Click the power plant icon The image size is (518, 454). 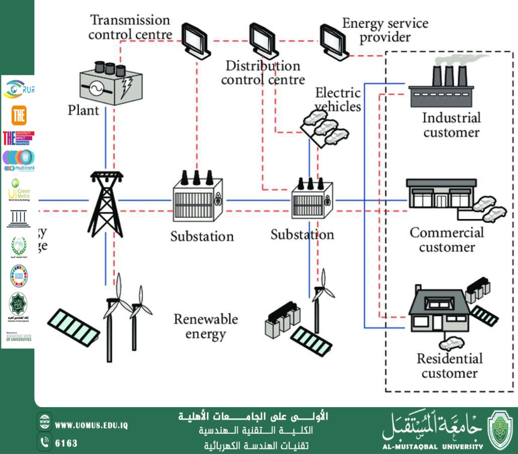[x=111, y=83]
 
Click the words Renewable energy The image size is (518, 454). [x=206, y=326]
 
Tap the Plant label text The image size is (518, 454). [x=83, y=110]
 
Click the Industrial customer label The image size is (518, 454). [x=451, y=125]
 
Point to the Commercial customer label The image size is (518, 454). [x=447, y=240]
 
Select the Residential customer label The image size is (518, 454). [x=449, y=366]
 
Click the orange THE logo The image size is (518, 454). [x=19, y=115]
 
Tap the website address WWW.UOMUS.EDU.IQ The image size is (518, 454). [x=91, y=425]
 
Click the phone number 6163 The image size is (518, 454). [x=66, y=443]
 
